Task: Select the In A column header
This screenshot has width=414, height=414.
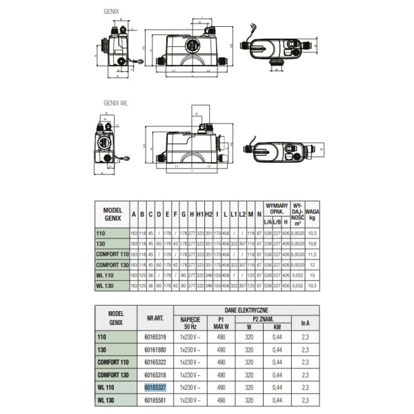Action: [x=306, y=321]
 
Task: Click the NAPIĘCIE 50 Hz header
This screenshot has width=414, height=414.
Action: [x=191, y=322]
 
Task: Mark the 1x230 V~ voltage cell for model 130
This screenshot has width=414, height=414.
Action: [x=191, y=351]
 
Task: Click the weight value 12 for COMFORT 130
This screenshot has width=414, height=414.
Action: [x=312, y=265]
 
